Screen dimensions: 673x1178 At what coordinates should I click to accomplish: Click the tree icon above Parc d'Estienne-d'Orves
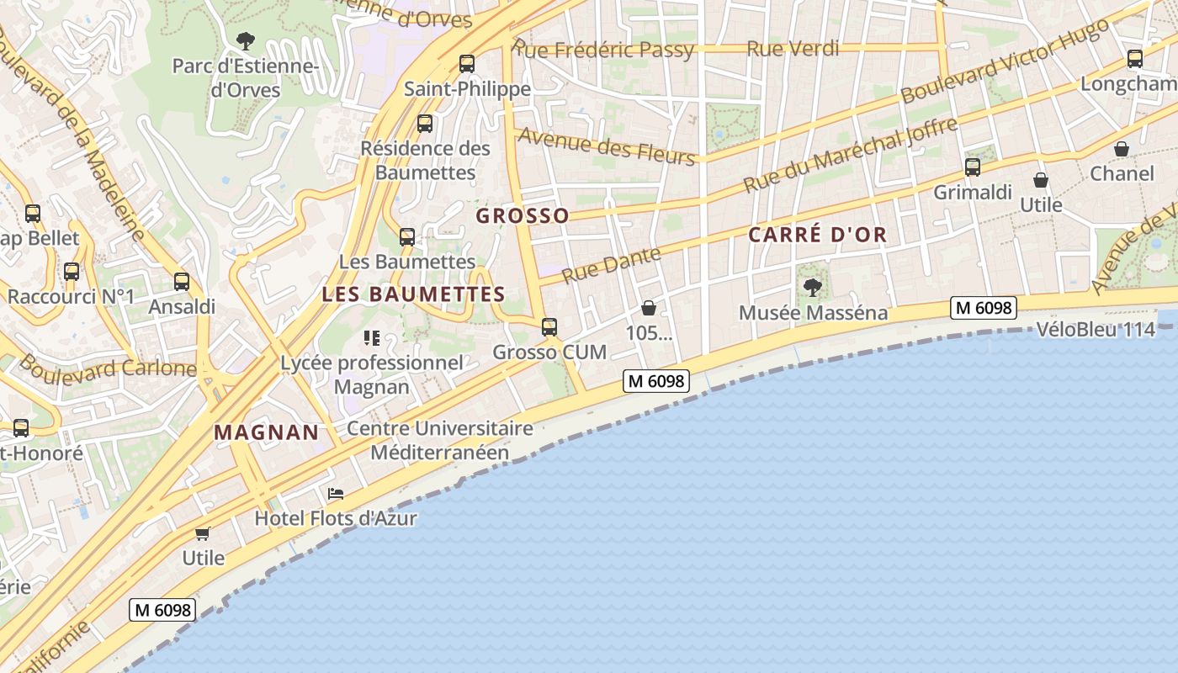tap(246, 40)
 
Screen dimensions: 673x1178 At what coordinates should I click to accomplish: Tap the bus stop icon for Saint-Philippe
tap(467, 64)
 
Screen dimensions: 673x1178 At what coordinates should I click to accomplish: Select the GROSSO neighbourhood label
tap(523, 216)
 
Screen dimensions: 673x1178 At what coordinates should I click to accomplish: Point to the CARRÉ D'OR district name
tap(818, 235)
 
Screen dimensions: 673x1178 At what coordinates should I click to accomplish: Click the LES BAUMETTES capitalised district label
tap(413, 294)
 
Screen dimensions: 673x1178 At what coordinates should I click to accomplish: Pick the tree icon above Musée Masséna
tap(813, 288)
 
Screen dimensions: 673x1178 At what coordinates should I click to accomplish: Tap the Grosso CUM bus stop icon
tap(549, 327)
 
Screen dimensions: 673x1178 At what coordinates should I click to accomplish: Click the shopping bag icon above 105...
tap(649, 308)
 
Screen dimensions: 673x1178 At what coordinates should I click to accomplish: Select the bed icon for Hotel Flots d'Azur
tap(336, 493)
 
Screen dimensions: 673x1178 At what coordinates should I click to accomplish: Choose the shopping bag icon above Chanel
tap(1122, 149)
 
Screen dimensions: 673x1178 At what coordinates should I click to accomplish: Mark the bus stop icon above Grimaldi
tap(973, 167)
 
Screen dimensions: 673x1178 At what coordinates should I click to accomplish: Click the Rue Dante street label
tap(612, 264)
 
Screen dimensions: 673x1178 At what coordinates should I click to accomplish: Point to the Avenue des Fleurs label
tap(606, 146)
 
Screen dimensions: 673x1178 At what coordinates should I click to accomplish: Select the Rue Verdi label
tap(793, 49)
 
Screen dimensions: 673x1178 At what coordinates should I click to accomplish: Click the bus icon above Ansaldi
tap(182, 282)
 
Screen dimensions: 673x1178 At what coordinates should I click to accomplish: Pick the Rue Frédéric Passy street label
tap(604, 49)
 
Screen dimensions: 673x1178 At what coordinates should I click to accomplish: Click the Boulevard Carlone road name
tap(107, 367)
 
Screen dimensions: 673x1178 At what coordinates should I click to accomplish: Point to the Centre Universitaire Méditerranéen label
tap(440, 440)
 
